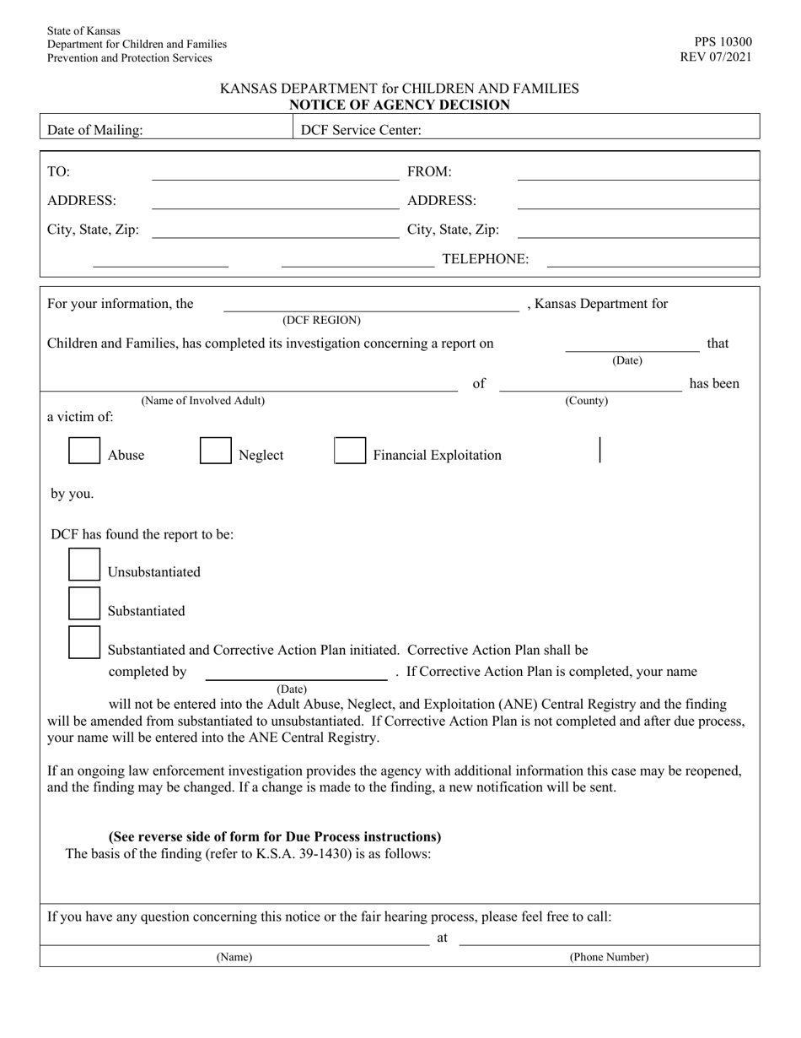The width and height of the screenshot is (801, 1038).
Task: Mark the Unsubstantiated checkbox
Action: (x=84, y=565)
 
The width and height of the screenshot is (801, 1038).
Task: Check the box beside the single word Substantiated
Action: (x=84, y=603)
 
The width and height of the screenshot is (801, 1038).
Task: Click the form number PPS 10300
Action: (x=723, y=42)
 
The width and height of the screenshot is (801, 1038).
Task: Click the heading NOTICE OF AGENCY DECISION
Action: (x=400, y=105)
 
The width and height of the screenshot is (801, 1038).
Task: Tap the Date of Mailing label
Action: (x=95, y=130)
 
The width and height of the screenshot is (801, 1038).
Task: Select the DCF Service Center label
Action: (x=361, y=130)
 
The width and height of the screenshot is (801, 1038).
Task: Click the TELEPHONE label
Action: (x=486, y=259)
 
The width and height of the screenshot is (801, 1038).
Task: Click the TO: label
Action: (x=59, y=172)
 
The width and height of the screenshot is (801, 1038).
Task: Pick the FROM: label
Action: (x=429, y=172)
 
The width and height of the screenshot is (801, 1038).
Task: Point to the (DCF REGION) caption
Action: (x=321, y=321)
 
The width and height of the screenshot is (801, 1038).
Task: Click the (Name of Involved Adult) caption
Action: (x=202, y=401)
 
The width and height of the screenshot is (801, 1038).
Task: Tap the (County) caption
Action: (x=586, y=401)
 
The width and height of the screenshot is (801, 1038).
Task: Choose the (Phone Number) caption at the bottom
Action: (x=609, y=957)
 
